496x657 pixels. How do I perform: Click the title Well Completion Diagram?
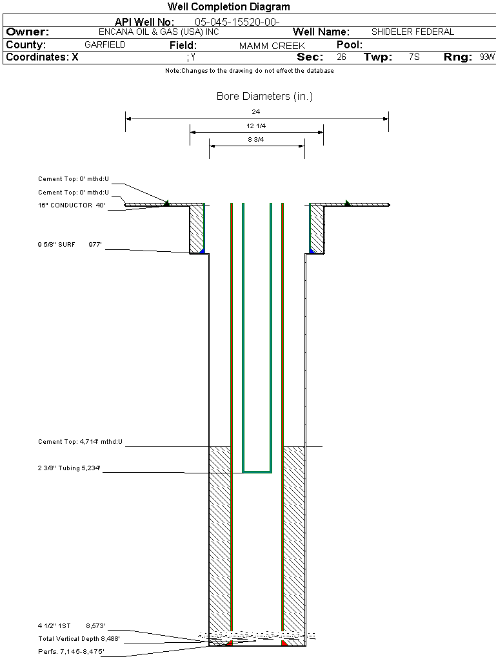pos(229,7)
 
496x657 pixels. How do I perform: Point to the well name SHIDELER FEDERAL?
pos(413,32)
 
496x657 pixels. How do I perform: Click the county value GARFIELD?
pos(105,45)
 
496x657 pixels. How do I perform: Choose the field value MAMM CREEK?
pos(272,46)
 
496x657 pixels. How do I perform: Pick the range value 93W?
pos(487,57)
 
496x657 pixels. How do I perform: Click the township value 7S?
pos(414,57)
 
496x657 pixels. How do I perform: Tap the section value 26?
pos(341,57)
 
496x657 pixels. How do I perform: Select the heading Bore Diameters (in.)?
pos(264,97)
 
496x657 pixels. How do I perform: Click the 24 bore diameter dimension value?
pos(256,111)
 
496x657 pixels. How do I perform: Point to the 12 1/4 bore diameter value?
pos(256,126)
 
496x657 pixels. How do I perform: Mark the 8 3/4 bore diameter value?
pos(256,139)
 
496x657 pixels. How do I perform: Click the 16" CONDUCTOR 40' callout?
pos(71,205)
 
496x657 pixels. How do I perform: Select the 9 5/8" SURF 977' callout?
pos(71,245)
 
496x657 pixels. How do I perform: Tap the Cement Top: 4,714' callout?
pos(80,442)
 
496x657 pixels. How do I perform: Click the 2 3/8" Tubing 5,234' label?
pos(71,468)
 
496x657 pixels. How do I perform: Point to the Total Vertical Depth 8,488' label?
pos(79,639)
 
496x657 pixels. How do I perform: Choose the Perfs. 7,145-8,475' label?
pos(71,652)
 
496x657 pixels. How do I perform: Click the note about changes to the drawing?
pos(250,71)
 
